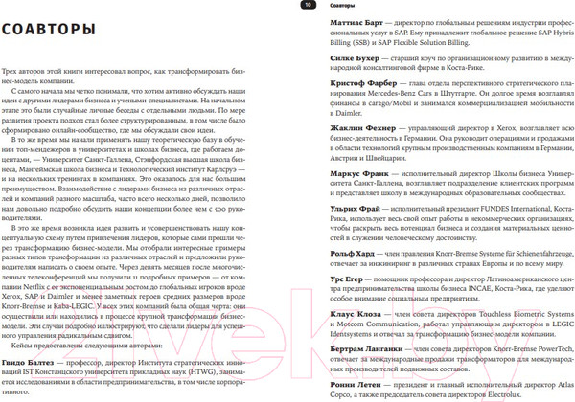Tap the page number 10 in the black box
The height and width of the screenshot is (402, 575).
[308, 6]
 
